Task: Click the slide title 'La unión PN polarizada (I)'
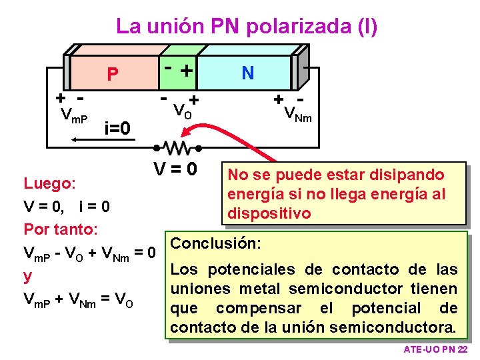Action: point(247,27)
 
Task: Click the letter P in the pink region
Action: point(113,75)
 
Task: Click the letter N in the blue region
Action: point(247,72)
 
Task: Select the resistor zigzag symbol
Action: point(177,145)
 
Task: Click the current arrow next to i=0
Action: point(86,139)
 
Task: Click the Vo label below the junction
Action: point(182,110)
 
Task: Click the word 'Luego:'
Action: point(50,183)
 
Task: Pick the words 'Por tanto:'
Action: point(61,229)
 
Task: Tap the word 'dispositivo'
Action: point(269,214)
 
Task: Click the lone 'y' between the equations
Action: point(28,275)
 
